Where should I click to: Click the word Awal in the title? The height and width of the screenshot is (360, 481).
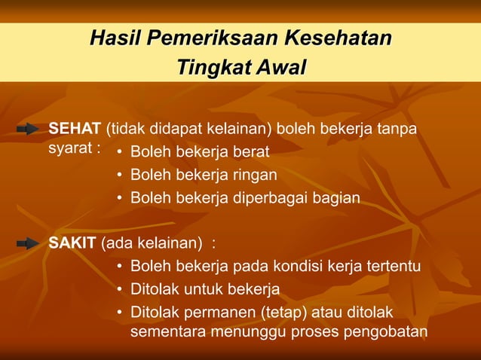click(280, 68)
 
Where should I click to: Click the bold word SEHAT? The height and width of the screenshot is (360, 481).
click(75, 128)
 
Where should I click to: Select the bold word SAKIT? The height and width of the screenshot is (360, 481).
click(72, 243)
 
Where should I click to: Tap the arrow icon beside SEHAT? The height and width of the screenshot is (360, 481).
click(28, 130)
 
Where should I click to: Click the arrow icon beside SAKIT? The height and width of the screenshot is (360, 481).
click(28, 243)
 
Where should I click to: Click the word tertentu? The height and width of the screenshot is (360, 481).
click(394, 267)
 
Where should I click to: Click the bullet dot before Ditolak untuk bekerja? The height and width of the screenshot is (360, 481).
click(120, 289)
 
